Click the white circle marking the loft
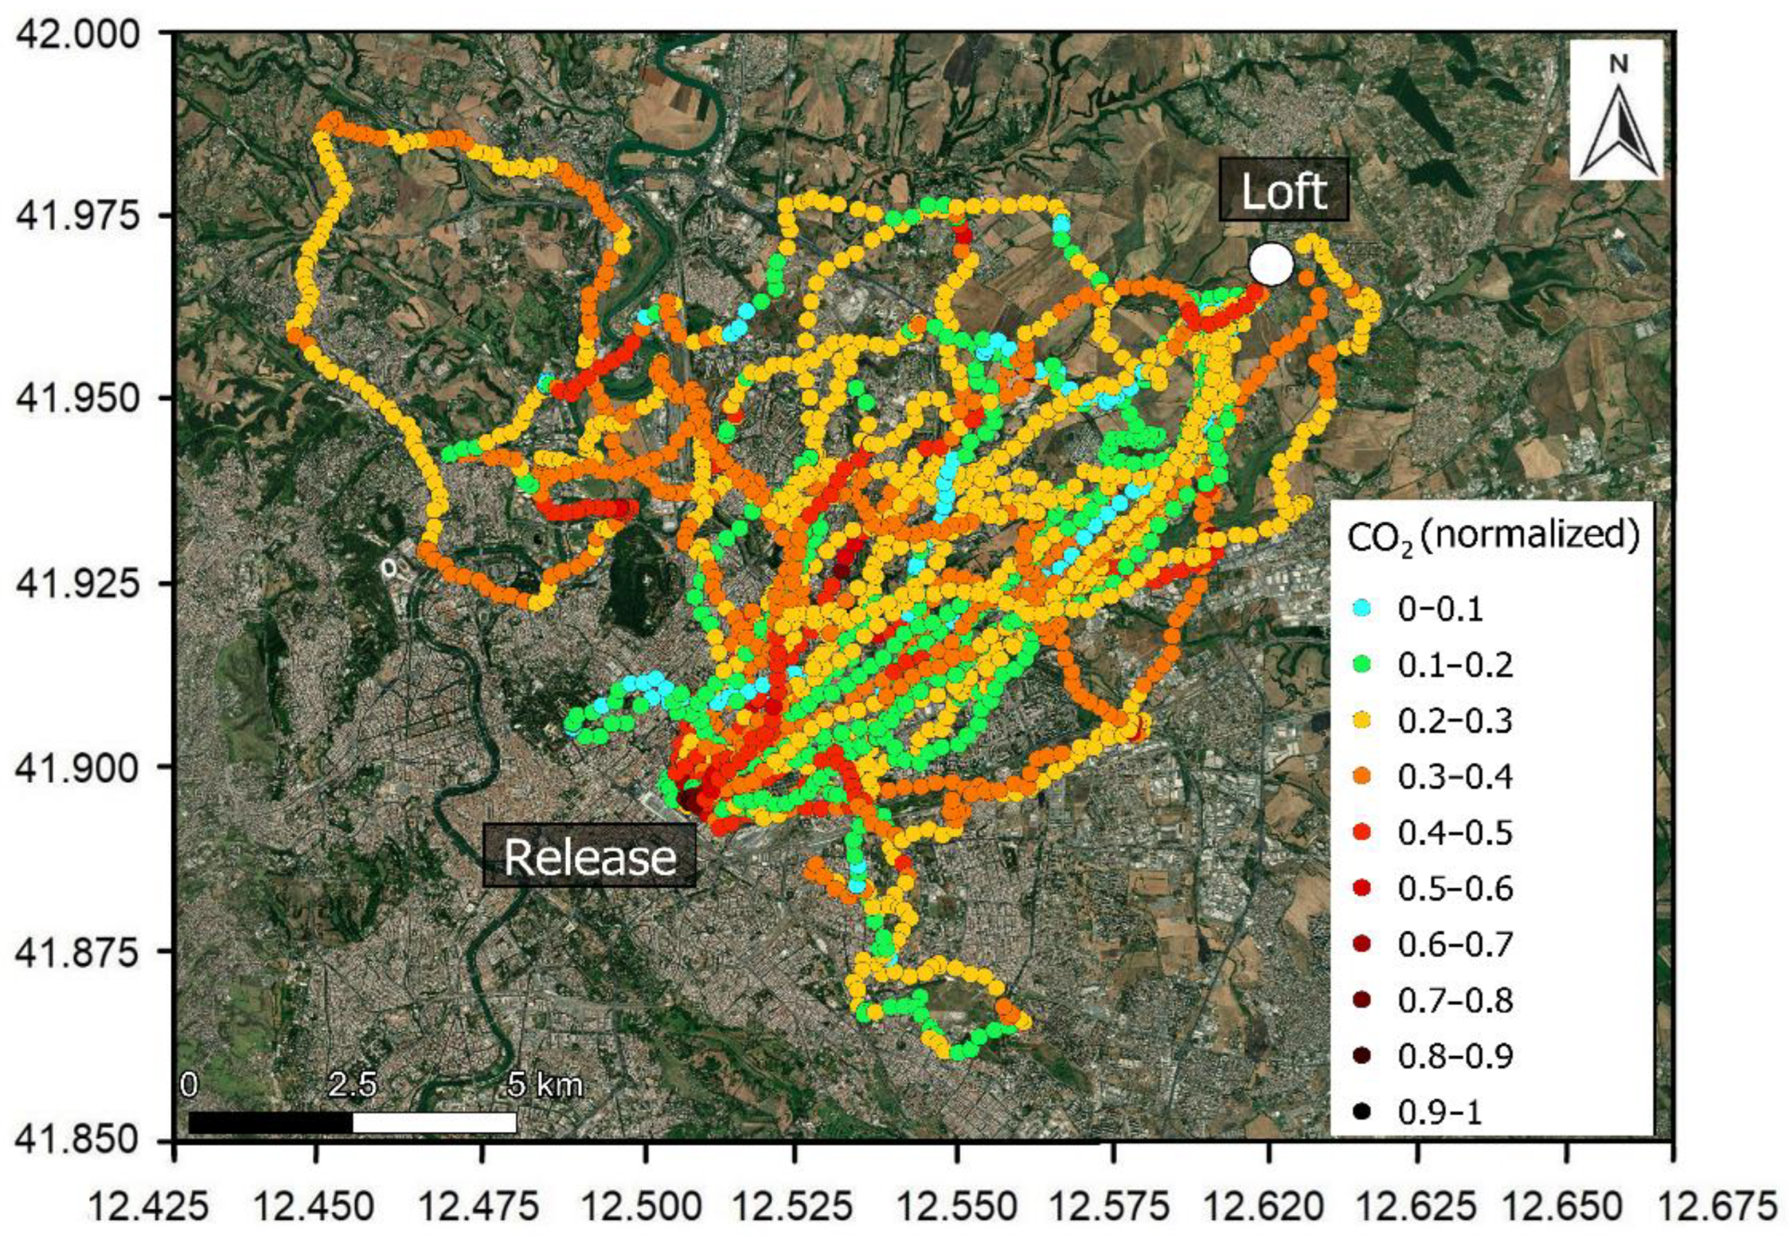point(1271,265)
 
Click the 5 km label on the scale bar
point(545,1085)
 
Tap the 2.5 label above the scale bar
point(353,1085)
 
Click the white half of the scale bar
point(435,1123)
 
